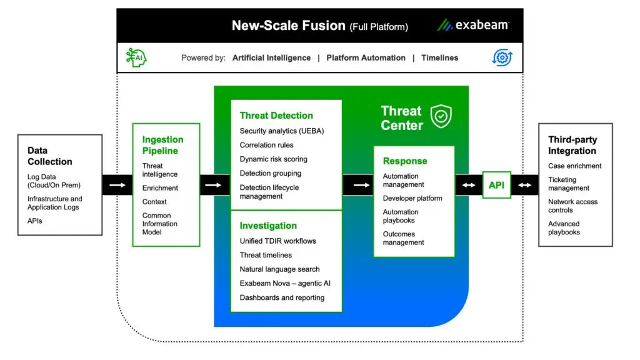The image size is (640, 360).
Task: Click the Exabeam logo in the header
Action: point(472,25)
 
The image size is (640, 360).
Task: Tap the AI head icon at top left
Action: point(136,57)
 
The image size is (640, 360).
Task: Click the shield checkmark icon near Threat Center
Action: point(441,116)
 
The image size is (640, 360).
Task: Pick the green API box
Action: point(497,185)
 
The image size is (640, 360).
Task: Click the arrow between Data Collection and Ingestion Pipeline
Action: point(117,185)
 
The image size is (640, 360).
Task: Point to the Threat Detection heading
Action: point(276,116)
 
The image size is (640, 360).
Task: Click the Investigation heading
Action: point(268,226)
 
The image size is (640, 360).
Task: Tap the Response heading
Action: point(405,161)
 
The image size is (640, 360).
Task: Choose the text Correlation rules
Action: point(266,145)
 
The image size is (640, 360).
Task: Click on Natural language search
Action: point(279,269)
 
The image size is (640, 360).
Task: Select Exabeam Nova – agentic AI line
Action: point(285,284)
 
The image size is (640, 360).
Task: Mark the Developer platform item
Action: point(412,199)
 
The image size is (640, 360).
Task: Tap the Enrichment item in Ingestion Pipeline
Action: point(160,188)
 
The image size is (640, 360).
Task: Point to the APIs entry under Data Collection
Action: point(35,221)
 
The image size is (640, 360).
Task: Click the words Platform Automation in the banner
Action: point(366,57)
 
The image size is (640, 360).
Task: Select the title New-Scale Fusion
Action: point(288,26)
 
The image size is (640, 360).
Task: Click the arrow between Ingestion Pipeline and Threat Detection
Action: point(213,185)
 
